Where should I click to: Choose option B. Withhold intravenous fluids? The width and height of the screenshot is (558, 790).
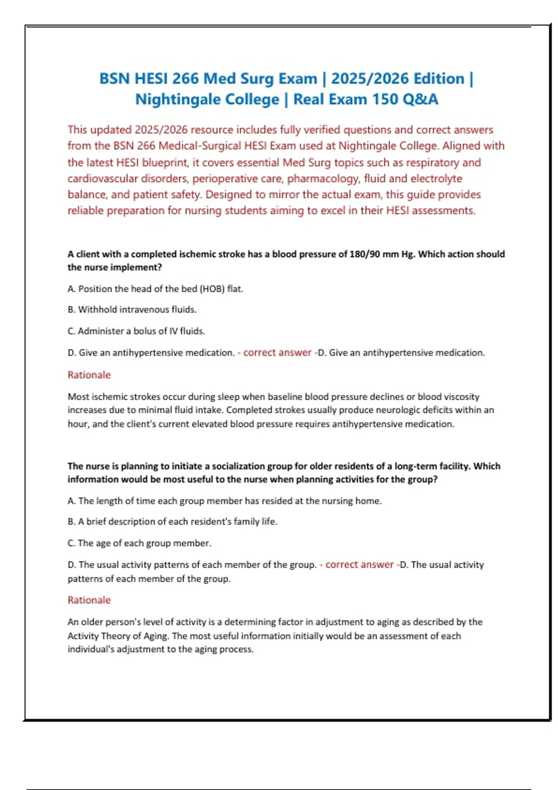[132, 309]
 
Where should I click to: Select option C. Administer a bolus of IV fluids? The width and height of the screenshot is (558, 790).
[136, 331]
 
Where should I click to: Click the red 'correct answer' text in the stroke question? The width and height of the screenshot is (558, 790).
[277, 353]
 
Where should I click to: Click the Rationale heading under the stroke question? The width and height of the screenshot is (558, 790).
[89, 375]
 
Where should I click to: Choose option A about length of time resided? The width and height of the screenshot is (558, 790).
[225, 501]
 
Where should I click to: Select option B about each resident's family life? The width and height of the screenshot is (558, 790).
[173, 521]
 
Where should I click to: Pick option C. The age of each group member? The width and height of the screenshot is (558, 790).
[139, 543]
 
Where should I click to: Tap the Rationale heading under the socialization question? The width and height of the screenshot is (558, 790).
[89, 600]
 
